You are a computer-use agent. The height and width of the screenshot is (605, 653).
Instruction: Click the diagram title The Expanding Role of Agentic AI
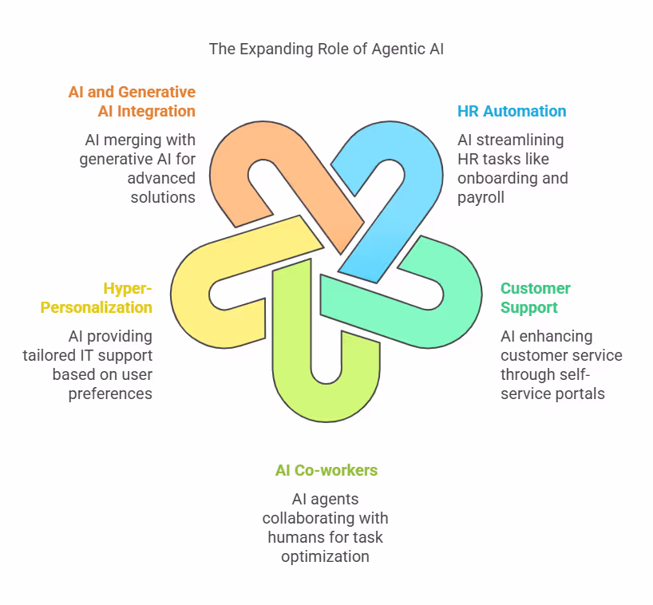pyautogui.click(x=326, y=49)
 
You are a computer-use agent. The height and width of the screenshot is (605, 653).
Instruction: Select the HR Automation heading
pyautogui.click(x=512, y=111)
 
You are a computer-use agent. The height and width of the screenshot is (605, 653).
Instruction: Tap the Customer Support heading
pyautogui.click(x=535, y=298)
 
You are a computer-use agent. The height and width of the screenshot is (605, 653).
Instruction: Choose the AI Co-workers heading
pyautogui.click(x=326, y=470)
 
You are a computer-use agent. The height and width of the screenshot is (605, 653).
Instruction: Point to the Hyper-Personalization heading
pyautogui.click(x=97, y=298)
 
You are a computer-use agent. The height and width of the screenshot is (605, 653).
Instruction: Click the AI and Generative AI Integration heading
pyautogui.click(x=132, y=101)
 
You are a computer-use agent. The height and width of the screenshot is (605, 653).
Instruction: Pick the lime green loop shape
pyautogui.click(x=291, y=383)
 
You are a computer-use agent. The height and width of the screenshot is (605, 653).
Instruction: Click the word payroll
pyautogui.click(x=481, y=198)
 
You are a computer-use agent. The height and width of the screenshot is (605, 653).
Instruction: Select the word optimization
pyautogui.click(x=325, y=556)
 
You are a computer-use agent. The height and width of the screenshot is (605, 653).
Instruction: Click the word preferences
pyautogui.click(x=110, y=393)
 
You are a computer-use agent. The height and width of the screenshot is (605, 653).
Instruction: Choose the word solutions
pyautogui.click(x=163, y=197)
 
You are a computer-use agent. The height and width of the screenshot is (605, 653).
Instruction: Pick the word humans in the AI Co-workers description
pyautogui.click(x=295, y=537)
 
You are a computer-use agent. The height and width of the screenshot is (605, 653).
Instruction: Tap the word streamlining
pyautogui.click(x=520, y=140)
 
